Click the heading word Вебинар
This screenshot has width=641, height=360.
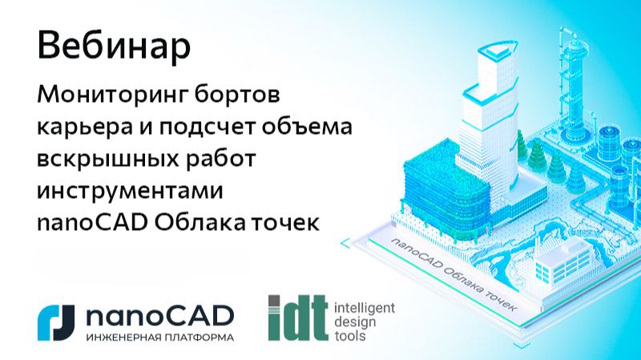(x=114, y=46)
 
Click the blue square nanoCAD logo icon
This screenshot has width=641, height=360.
(x=56, y=320)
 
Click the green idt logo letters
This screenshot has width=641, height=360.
(x=297, y=318)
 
